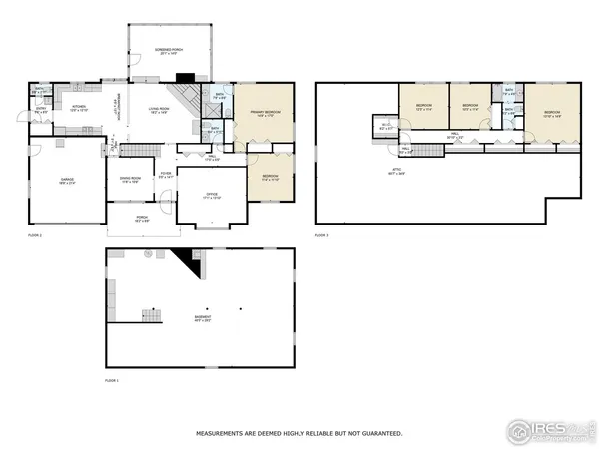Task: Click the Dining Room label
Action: click(131, 180)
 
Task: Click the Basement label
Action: click(203, 319)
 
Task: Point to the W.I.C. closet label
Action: click(388, 127)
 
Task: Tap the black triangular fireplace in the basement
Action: click(183, 263)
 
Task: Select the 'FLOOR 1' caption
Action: click(112, 380)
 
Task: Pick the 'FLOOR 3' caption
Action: click(321, 235)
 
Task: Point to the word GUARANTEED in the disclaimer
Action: click(381, 433)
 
